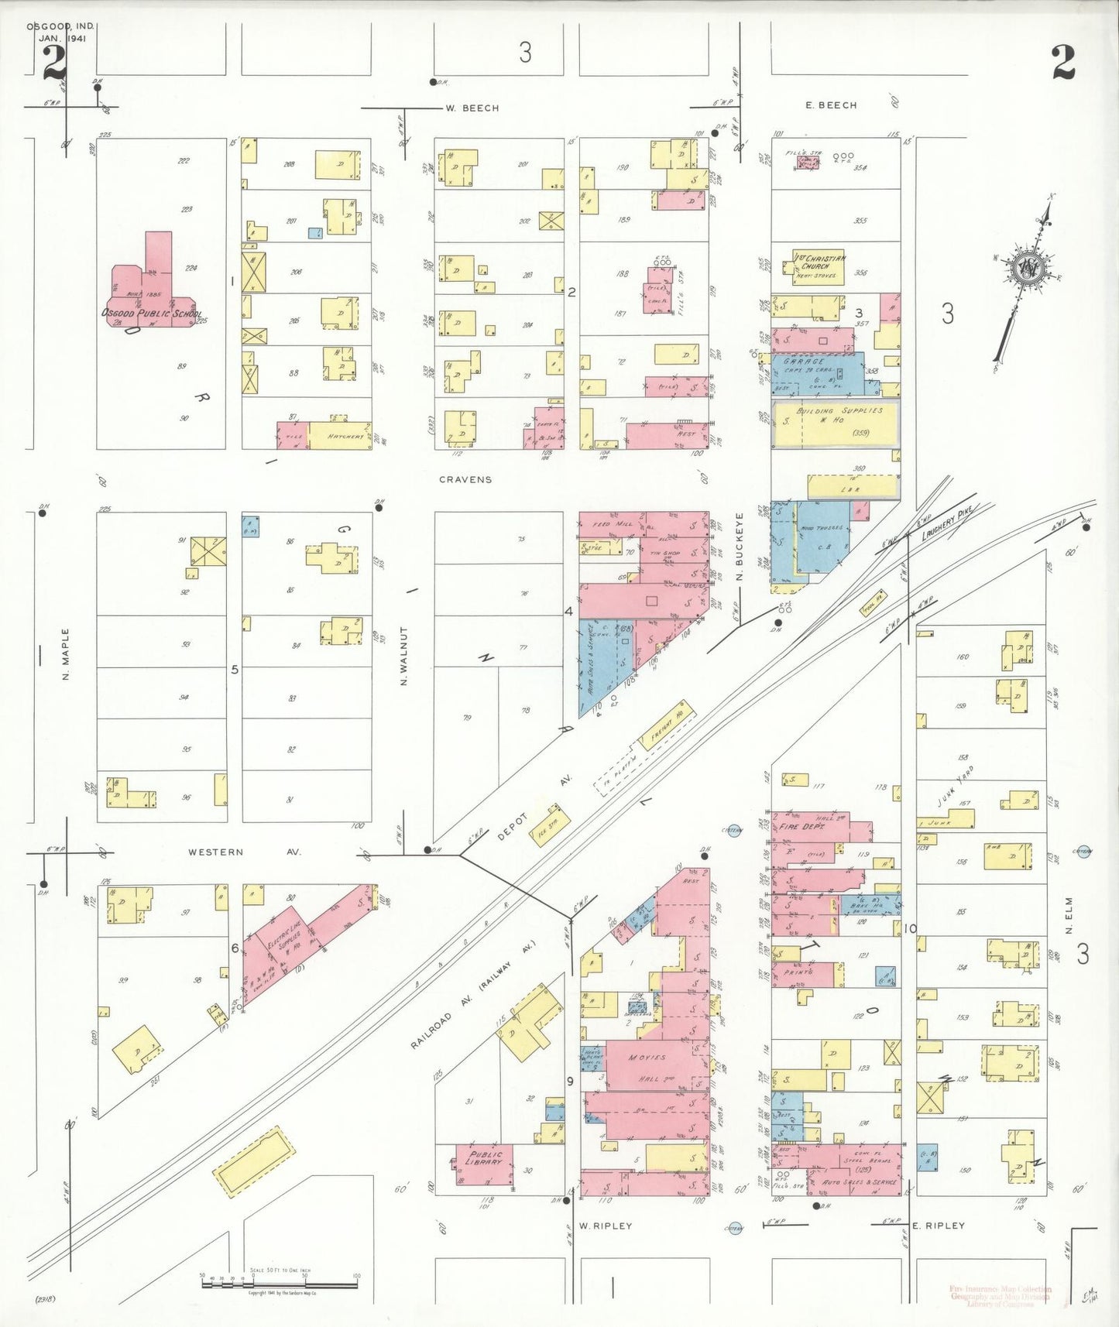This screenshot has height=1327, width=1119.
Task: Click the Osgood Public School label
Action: coord(152,314)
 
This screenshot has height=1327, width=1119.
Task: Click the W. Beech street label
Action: coord(472,108)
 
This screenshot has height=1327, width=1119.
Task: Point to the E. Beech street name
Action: coord(831,105)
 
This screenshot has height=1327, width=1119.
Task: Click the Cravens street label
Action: coord(465,480)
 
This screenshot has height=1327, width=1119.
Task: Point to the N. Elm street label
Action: coord(1069,915)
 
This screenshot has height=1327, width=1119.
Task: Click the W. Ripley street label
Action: coord(606,1226)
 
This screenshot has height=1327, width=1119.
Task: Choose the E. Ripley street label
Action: coord(939,1226)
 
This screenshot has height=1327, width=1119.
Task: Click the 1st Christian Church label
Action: coord(819,262)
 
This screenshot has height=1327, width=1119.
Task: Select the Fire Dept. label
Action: coord(801,827)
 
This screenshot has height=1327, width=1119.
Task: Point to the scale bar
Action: coord(280,1284)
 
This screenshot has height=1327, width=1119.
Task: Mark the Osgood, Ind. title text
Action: coord(60,26)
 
